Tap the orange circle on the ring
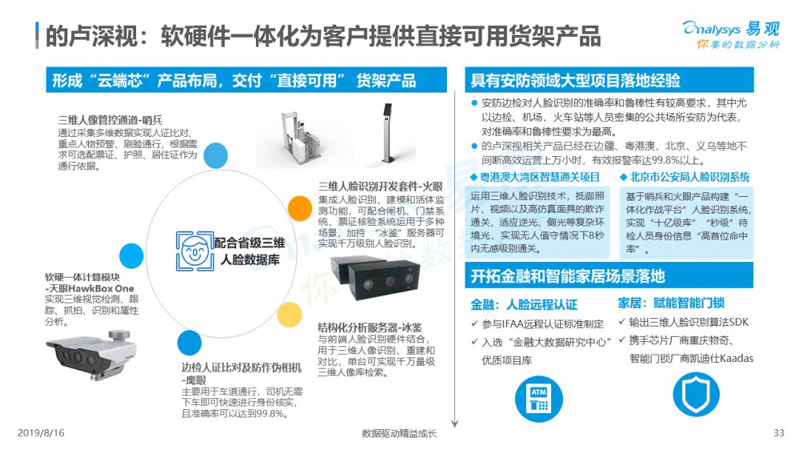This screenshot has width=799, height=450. point(300,208)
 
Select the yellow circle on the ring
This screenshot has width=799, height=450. point(289,315)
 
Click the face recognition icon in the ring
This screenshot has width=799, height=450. point(195,251)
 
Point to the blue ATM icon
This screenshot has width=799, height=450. point(539,398)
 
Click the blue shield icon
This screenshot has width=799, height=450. point(696,394)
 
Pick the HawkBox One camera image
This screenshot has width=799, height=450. point(91,355)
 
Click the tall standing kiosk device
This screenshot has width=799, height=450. point(388,132)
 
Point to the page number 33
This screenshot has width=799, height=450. point(778,433)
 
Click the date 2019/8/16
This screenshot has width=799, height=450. point(41,433)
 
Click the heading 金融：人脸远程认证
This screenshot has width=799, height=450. point(524,305)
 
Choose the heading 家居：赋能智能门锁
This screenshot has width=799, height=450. point(671,303)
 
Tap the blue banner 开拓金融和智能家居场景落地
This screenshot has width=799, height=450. point(609,276)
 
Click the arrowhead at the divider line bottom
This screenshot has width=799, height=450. point(455,424)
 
